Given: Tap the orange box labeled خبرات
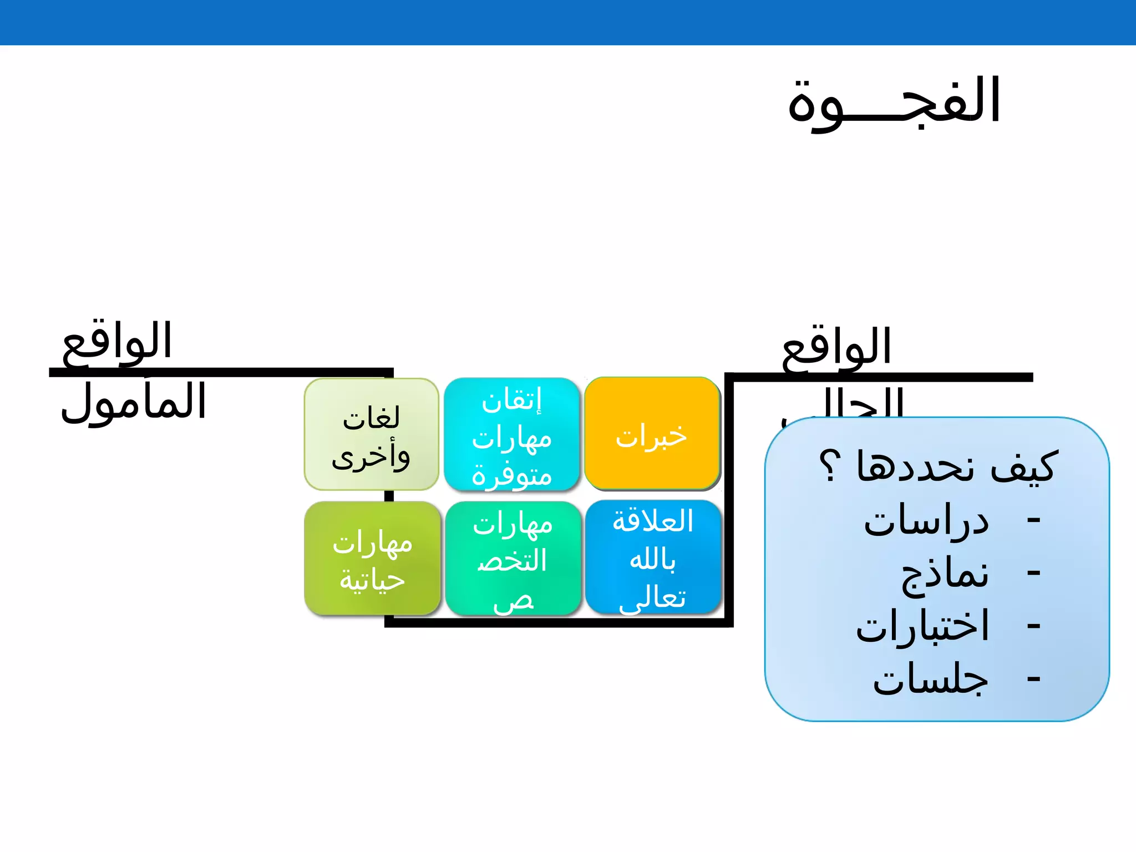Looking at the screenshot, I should (x=652, y=435).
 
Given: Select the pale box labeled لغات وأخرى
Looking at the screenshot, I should (x=371, y=435).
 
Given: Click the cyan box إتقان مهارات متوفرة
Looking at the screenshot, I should (x=511, y=435).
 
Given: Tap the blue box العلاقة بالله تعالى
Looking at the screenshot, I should (x=653, y=558).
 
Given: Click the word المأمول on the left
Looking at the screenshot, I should (x=134, y=402).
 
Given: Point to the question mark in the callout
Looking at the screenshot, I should (x=830, y=466).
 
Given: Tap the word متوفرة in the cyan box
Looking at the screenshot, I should (x=511, y=476).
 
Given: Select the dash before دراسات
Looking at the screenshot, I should (x=1033, y=521).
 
